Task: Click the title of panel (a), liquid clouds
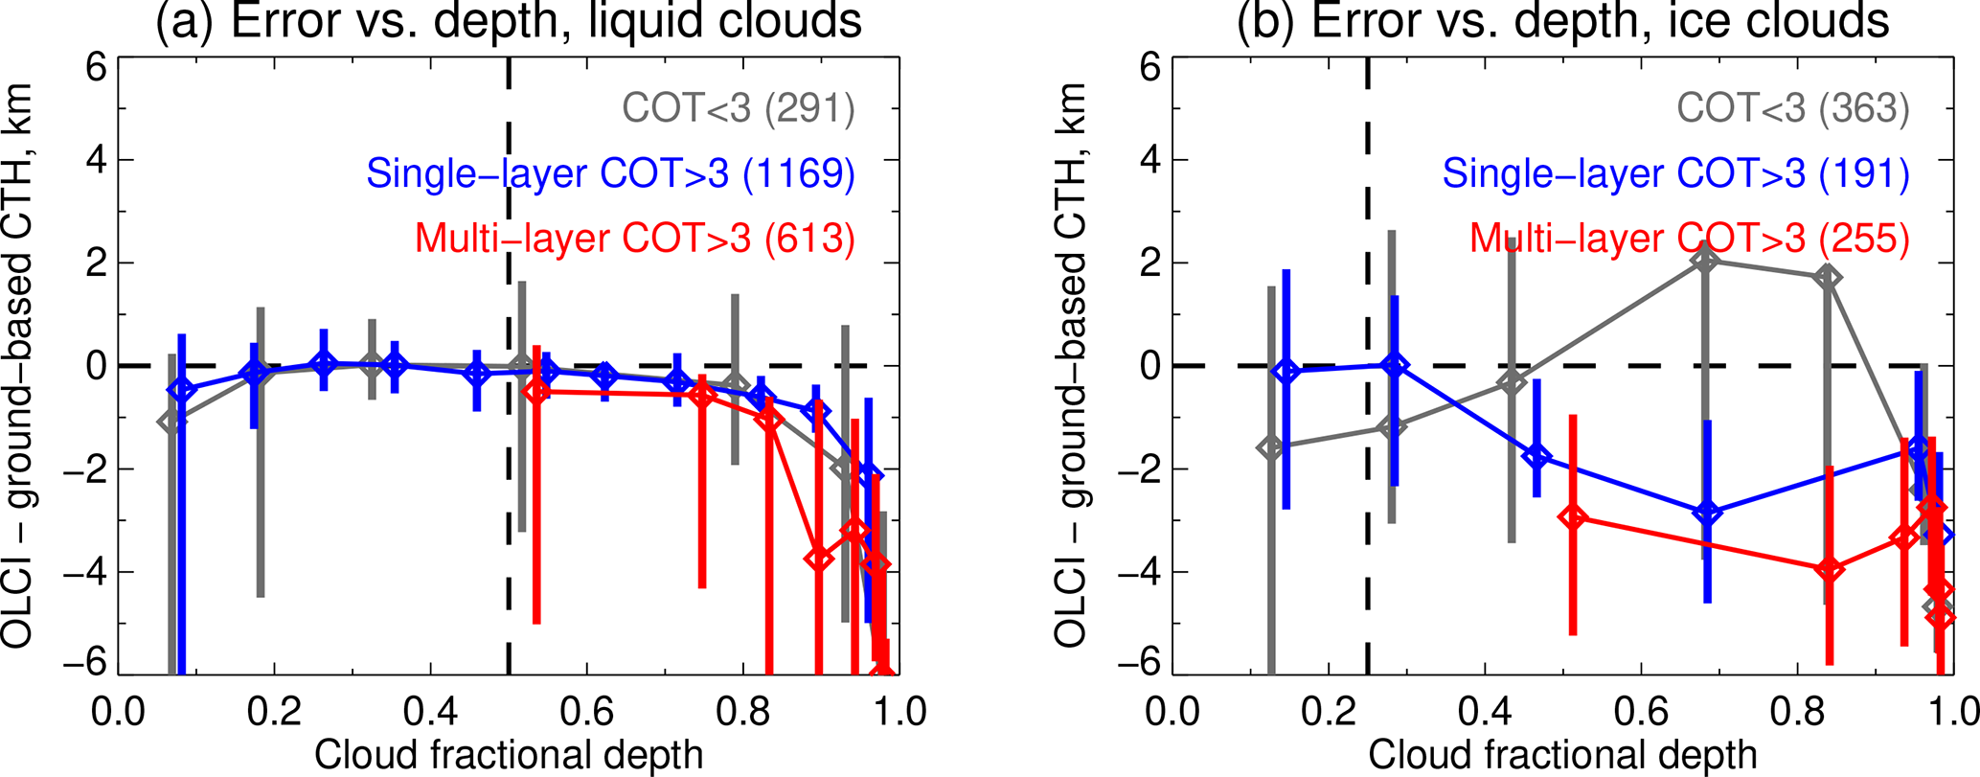pyautogui.click(x=509, y=21)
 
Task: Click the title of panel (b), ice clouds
pyautogui.click(x=1562, y=21)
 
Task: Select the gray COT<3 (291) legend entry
pyautogui.click(x=738, y=108)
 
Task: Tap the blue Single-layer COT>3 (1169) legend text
pyautogui.click(x=610, y=173)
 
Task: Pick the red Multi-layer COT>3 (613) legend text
pyautogui.click(x=634, y=238)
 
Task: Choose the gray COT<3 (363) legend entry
pyautogui.click(x=1792, y=108)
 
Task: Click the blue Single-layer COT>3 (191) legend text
pyautogui.click(x=1675, y=173)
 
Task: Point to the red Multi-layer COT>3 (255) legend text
pyautogui.click(x=1689, y=238)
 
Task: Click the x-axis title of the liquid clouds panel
pyautogui.click(x=509, y=755)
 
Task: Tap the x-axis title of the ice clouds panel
pyautogui.click(x=1562, y=755)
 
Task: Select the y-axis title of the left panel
pyautogui.click(x=19, y=365)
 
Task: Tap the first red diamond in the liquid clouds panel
pyautogui.click(x=536, y=391)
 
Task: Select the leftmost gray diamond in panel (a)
pyautogui.click(x=172, y=422)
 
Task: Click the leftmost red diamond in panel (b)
pyautogui.click(x=1573, y=517)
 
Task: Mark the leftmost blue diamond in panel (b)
pyautogui.click(x=1286, y=371)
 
